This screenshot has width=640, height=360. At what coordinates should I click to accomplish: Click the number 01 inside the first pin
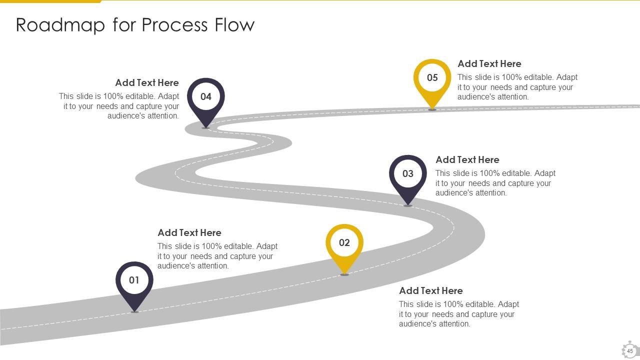coord(134,280)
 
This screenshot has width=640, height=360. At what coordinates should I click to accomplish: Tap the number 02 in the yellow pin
coord(344,242)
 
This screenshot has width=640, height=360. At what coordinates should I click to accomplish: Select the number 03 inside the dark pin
coord(408,173)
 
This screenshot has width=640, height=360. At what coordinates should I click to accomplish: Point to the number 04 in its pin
coord(206,96)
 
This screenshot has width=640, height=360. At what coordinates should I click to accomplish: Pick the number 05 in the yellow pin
coord(432,77)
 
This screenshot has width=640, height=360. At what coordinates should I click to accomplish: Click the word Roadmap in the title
coord(60,24)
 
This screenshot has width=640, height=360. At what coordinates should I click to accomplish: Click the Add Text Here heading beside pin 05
coord(489,63)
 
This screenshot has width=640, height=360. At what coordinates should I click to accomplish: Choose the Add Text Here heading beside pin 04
coord(146,82)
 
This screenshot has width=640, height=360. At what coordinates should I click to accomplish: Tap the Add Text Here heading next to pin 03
coord(467,159)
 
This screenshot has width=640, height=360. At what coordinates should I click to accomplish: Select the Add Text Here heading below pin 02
coord(430,290)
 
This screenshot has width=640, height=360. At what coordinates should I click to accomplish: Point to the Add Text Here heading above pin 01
coord(189,232)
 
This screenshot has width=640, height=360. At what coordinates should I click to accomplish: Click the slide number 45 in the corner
coord(630,351)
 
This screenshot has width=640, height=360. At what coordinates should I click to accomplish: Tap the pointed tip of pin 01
coord(134,311)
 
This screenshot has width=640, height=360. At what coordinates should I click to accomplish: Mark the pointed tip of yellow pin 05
coord(432,108)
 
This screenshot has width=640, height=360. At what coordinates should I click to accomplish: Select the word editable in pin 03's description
coord(517,173)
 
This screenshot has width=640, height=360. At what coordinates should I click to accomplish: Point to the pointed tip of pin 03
coord(408,204)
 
